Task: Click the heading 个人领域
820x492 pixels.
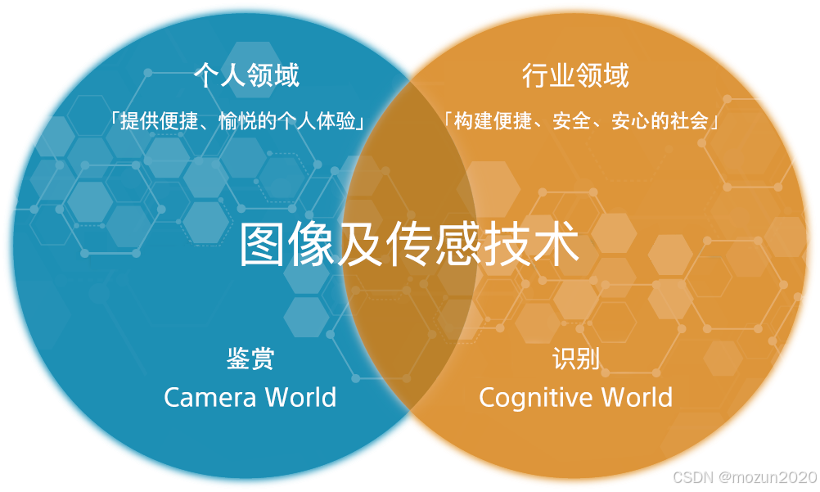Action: (246, 76)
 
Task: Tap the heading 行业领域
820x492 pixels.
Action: (575, 76)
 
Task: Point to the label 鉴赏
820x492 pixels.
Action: (250, 359)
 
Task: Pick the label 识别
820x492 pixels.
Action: (576, 359)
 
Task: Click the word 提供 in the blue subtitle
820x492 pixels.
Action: (138, 121)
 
